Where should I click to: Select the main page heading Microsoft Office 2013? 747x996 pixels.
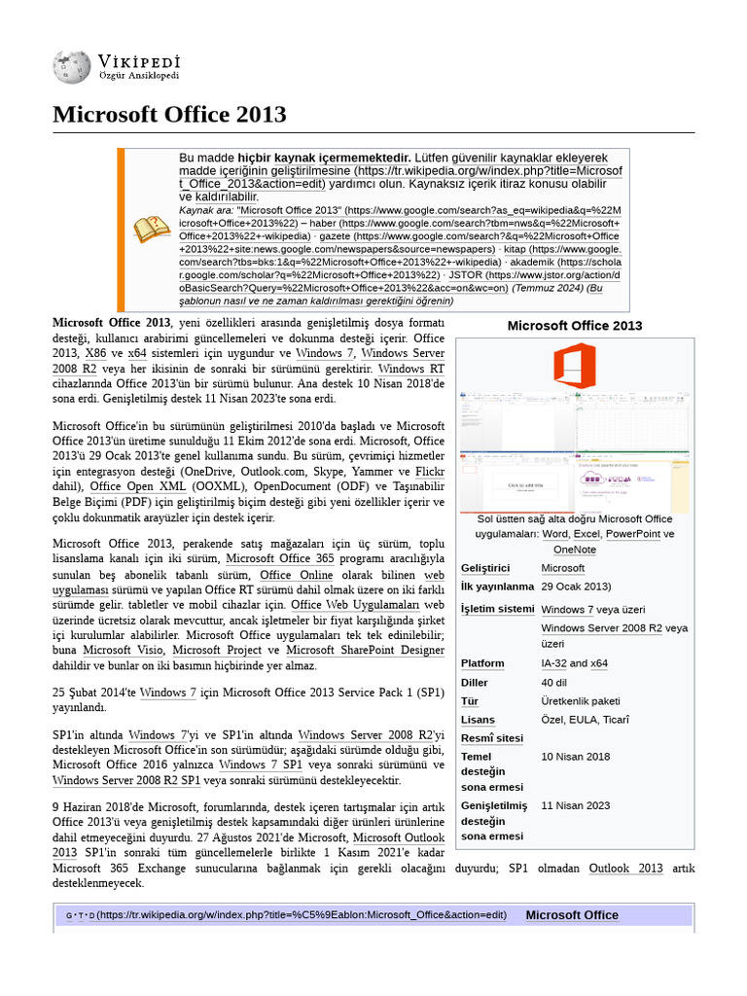[169, 115]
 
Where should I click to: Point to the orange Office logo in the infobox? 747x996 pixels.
[574, 365]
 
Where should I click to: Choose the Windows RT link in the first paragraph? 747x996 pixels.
[410, 369]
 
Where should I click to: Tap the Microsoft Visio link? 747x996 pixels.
[122, 650]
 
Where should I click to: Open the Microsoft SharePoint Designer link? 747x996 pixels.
[365, 650]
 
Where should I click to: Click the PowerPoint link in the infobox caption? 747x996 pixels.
[632, 534]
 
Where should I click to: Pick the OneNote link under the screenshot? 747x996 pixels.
[574, 550]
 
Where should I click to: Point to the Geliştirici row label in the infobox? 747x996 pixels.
[485, 568]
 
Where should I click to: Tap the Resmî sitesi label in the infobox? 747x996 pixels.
[492, 738]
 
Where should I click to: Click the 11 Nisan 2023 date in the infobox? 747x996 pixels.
[576, 805]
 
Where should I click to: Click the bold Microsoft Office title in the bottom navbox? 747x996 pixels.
[572, 915]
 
